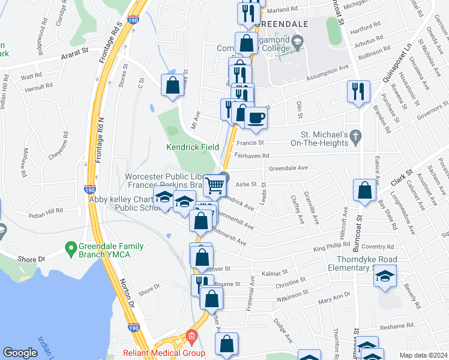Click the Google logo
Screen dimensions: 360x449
click(20, 353)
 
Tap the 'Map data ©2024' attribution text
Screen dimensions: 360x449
click(423, 355)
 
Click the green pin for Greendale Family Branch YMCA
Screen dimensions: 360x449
click(70, 247)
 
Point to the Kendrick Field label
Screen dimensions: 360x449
click(191, 146)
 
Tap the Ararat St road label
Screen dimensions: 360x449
click(74, 57)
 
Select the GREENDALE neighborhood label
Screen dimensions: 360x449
click(280, 24)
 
